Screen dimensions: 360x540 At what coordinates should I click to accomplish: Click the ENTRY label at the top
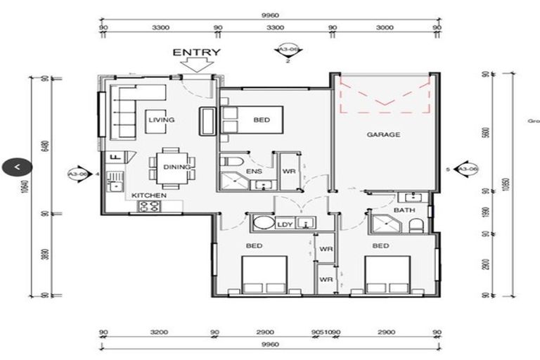pos(196,52)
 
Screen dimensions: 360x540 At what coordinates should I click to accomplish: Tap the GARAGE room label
pos(383,134)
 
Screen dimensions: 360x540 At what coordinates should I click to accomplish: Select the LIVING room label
pos(161,120)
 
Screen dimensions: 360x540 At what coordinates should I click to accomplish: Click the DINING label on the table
pos(176,167)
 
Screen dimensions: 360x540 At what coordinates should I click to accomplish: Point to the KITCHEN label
pos(149,195)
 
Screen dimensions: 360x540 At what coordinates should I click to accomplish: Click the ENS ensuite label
pos(254,171)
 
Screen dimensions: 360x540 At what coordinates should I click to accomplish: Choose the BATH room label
pos(404,210)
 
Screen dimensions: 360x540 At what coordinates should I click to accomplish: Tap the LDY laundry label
pos(284,224)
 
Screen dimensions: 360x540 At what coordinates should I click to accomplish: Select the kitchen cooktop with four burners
pos(150,206)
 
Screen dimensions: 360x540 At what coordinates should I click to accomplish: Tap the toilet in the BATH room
pos(417,225)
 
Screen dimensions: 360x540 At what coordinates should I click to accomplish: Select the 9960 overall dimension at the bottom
pos(269,345)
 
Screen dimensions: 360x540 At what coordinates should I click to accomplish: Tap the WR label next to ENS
pos(288,171)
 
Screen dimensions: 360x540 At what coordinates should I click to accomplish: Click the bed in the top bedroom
pos(251,120)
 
